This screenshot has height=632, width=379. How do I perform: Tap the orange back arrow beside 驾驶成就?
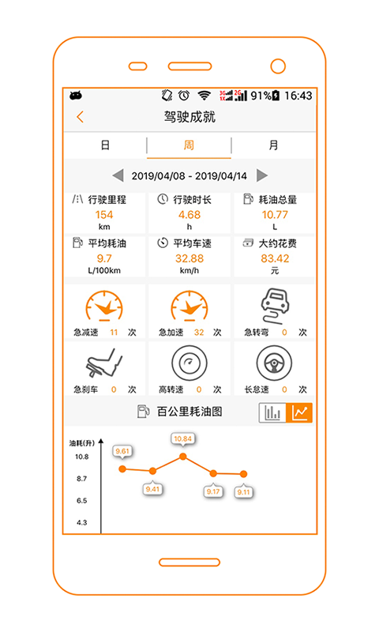(x=80, y=117)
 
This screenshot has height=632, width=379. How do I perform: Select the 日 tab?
(x=105, y=145)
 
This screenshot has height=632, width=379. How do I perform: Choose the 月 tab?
(x=273, y=145)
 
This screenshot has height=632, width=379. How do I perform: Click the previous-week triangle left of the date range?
(x=118, y=175)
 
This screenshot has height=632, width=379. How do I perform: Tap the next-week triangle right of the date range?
(x=262, y=175)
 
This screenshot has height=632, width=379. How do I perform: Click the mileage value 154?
(x=104, y=215)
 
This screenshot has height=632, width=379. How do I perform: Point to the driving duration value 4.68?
(x=189, y=215)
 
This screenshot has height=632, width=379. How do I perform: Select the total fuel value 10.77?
(x=275, y=215)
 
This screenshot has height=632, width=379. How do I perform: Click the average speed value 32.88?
(x=189, y=258)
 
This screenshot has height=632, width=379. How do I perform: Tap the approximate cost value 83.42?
(x=275, y=258)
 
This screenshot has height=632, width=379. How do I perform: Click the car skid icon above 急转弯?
(x=276, y=306)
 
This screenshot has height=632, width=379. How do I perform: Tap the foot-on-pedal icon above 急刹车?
(x=104, y=363)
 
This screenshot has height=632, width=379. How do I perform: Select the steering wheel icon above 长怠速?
(x=274, y=363)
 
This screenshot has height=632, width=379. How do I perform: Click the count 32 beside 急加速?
(x=199, y=333)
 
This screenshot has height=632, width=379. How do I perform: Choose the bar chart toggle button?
(x=272, y=412)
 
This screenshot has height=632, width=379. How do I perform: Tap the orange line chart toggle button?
(x=299, y=412)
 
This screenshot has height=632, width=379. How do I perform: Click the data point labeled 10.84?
(x=183, y=457)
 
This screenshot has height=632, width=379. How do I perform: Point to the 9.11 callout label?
(x=244, y=491)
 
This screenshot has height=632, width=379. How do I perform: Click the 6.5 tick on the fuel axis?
(x=82, y=501)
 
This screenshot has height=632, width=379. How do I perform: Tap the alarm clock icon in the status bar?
(x=184, y=95)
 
